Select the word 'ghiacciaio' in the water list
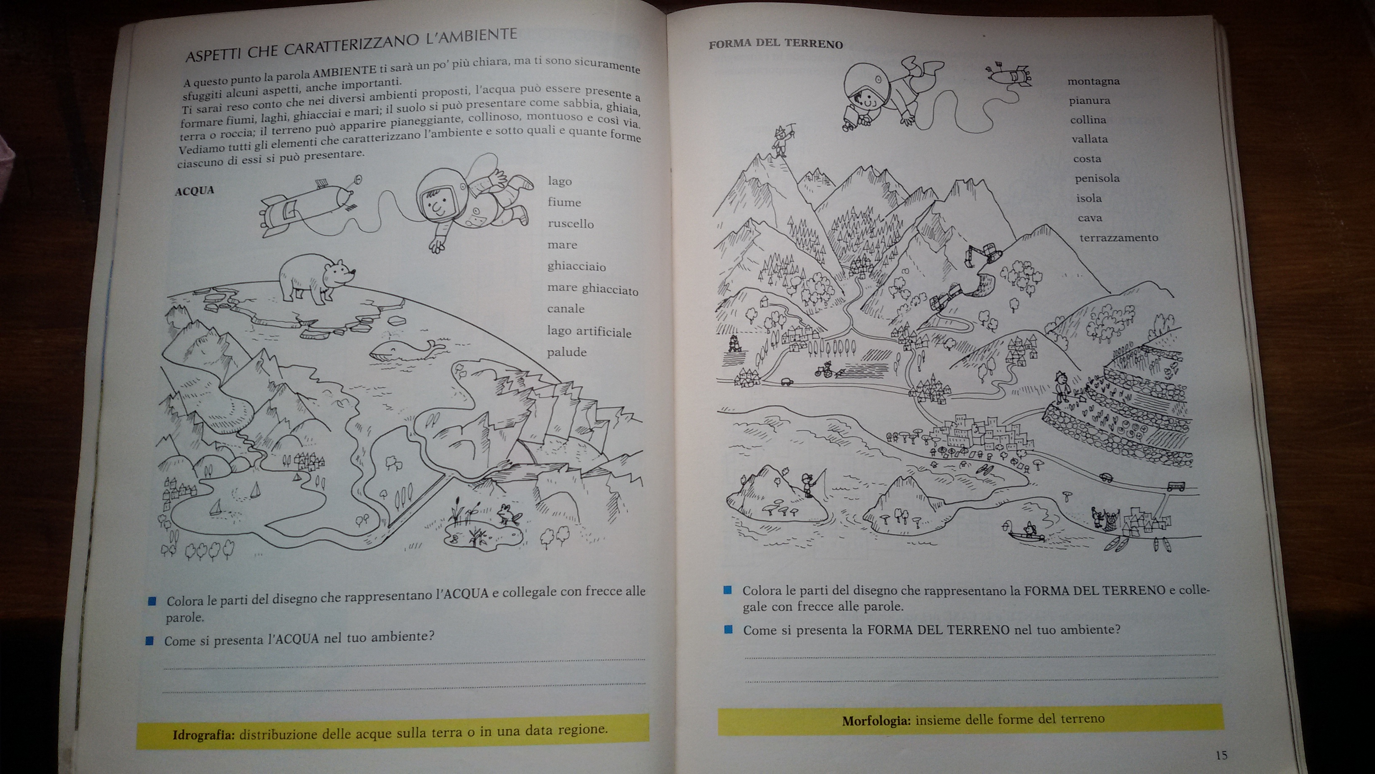(576, 266)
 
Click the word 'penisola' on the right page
(1097, 178)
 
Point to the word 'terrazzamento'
(1119, 238)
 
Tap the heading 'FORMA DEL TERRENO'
(776, 44)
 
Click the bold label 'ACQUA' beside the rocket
(194, 191)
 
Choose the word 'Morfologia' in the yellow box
(876, 720)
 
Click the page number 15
(1221, 755)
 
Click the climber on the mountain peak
(781, 140)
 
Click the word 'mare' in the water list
(562, 245)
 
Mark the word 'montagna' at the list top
(1093, 81)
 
